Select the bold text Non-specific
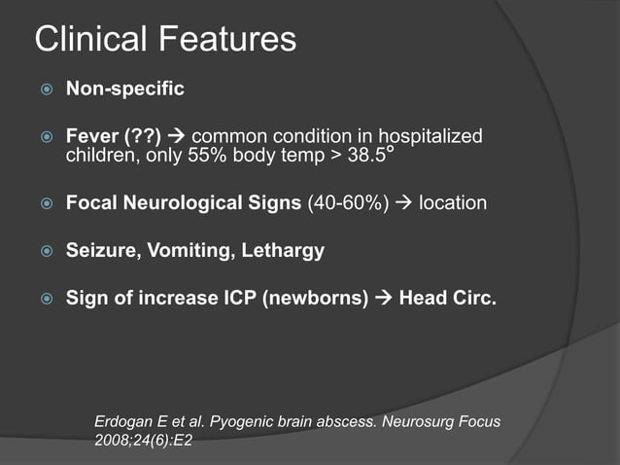coord(124,89)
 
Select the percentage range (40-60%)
coord(348,204)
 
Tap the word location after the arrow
coord(453,204)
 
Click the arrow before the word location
coord(402,204)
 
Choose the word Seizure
coord(101,250)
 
